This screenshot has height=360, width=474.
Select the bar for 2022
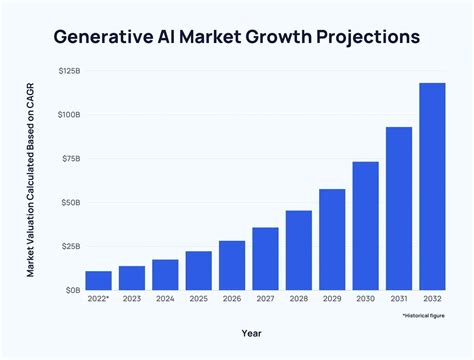[x=98, y=280]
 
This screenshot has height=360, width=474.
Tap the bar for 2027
[x=265, y=258]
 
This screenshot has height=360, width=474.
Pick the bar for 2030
[x=365, y=225]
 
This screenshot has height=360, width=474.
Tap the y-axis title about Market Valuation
[x=31, y=180]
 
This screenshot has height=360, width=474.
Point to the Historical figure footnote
[x=424, y=315]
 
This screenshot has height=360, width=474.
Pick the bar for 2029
[x=332, y=239]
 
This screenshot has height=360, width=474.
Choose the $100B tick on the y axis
[x=69, y=115]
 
